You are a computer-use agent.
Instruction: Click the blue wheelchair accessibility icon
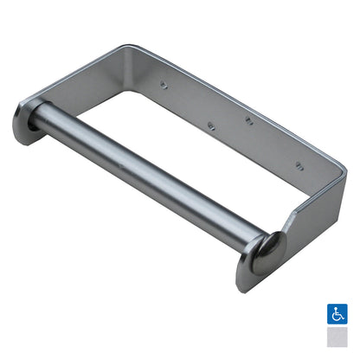coord(337,313)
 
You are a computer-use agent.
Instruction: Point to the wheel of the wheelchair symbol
coord(336,317)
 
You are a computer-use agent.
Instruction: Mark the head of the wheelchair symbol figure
coord(335,306)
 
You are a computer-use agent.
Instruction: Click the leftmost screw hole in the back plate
coord(162,85)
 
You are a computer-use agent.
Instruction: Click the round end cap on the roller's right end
coord(269,249)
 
